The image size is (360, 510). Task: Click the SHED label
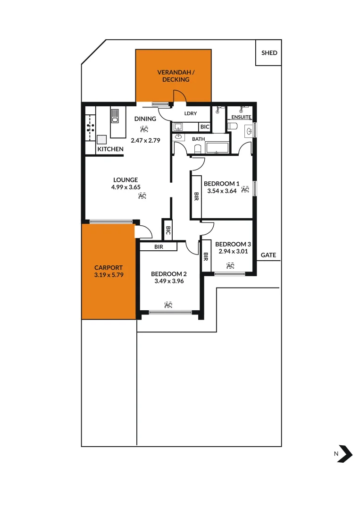(269, 53)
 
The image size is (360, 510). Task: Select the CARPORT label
(109, 268)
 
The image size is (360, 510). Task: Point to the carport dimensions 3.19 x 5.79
(109, 274)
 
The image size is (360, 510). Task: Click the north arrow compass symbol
(345, 453)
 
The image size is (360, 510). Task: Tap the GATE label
(268, 255)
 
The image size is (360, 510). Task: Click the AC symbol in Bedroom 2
(168, 305)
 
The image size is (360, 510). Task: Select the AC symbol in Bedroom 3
(230, 265)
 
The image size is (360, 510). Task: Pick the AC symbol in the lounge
(142, 195)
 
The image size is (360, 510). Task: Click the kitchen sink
(115, 115)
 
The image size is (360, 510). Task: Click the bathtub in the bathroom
(217, 147)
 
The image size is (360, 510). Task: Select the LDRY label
(191, 113)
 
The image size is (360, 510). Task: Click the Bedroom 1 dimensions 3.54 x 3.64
(221, 191)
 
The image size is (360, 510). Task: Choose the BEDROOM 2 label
(168, 274)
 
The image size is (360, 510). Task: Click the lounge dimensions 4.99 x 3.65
(126, 187)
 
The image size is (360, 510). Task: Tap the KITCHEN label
(110, 149)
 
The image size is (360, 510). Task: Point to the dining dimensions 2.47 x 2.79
(146, 140)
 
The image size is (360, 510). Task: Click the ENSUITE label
(242, 117)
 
